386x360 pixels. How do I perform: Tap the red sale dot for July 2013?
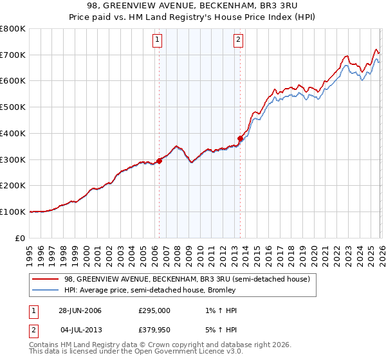241,138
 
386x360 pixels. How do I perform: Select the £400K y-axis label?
13,133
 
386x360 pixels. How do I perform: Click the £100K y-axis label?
13,212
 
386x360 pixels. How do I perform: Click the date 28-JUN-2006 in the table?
80,310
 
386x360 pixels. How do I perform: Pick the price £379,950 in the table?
155,331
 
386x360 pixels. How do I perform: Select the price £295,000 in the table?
155,310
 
